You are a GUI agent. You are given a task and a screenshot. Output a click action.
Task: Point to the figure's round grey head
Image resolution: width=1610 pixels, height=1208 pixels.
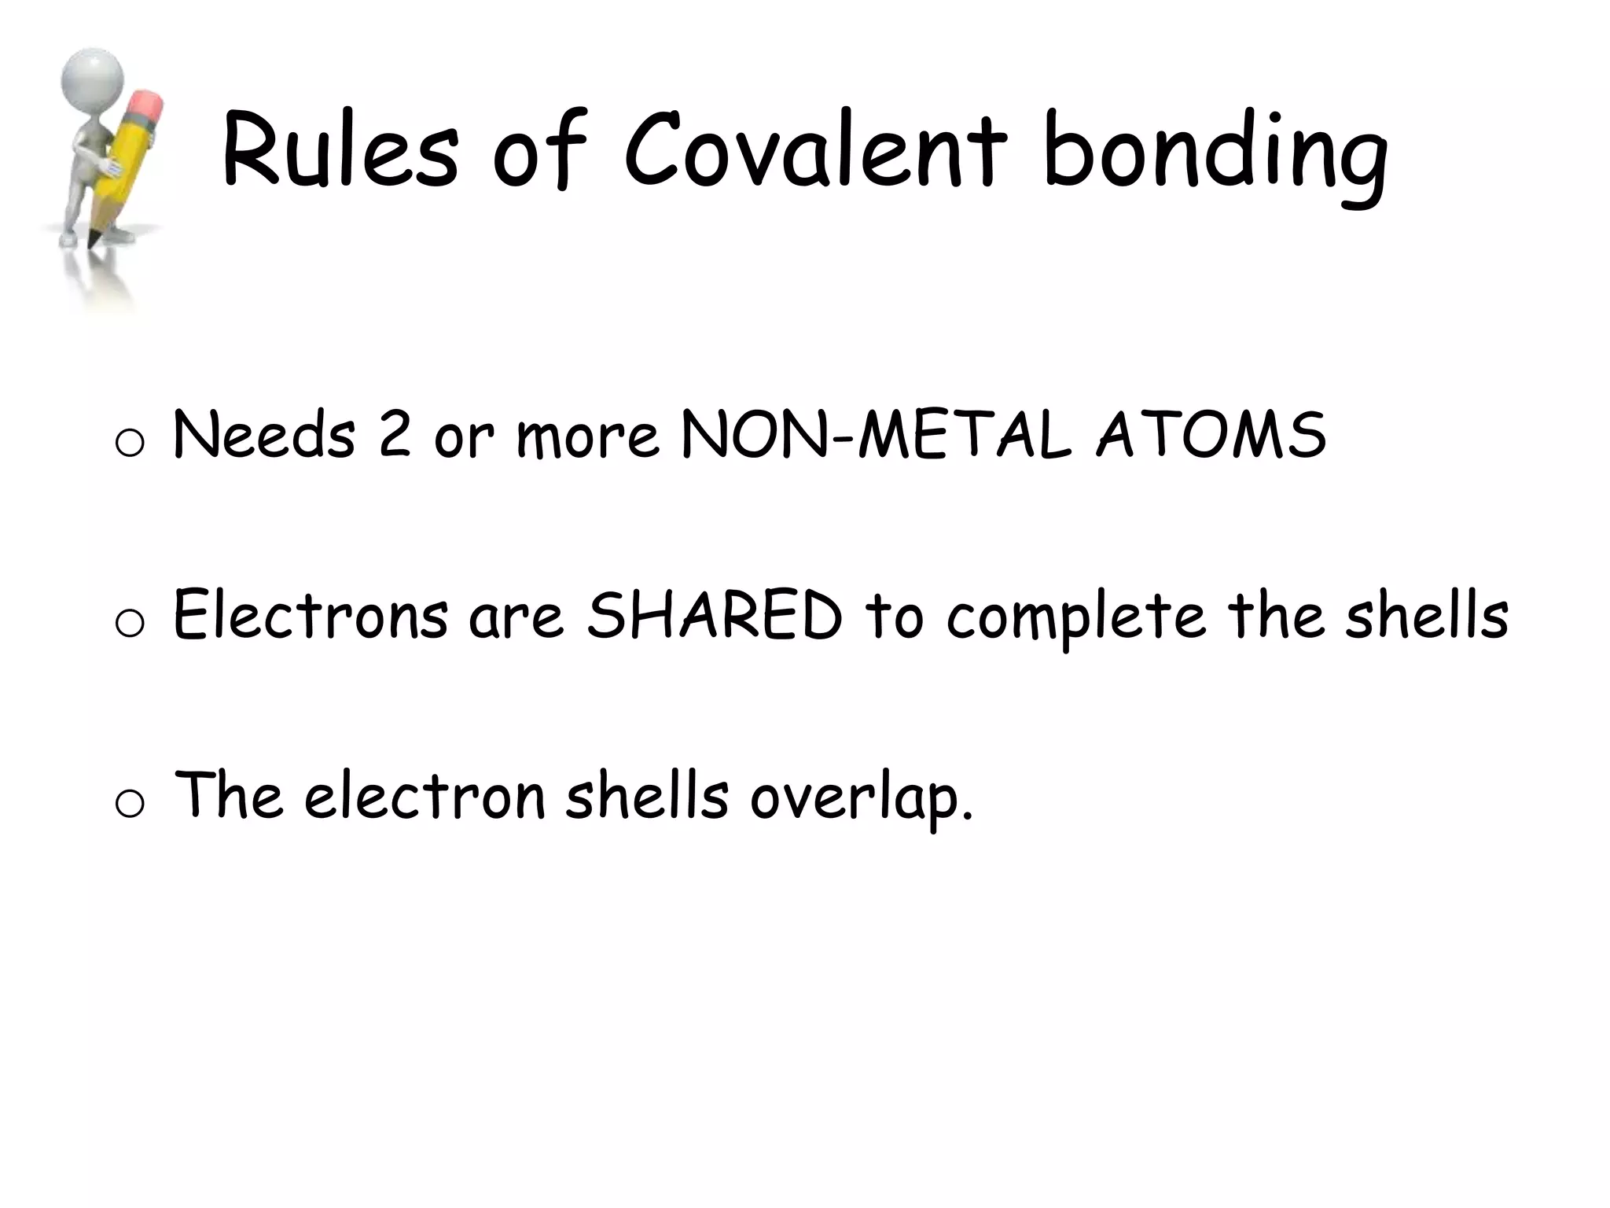click(x=94, y=75)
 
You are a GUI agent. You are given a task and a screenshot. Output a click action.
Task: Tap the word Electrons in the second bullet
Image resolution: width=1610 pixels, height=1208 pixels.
click(x=311, y=615)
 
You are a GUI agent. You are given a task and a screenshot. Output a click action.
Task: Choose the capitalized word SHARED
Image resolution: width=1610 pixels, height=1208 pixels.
click(x=715, y=615)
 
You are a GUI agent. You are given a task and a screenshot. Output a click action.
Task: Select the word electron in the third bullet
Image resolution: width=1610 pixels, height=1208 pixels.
click(x=425, y=796)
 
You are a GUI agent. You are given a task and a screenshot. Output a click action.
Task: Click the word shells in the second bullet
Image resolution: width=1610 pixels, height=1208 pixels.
click(x=1427, y=615)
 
